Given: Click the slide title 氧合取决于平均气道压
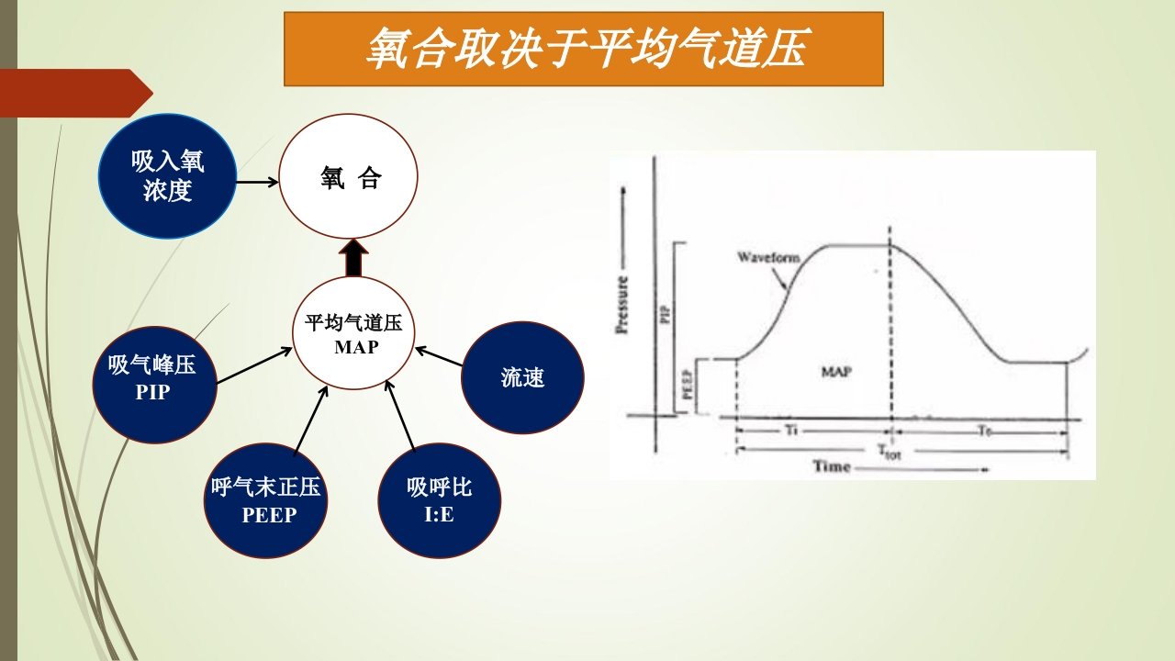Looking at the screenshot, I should tap(584, 49).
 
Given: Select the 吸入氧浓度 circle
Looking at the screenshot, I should tap(167, 176).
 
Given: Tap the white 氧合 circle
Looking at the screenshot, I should tap(349, 177).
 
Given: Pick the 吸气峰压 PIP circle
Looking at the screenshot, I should tap(154, 378).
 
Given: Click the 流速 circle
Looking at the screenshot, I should tap(522, 377).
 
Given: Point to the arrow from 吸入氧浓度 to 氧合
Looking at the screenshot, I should tap(257, 182).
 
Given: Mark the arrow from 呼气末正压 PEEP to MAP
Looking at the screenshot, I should tap(310, 420).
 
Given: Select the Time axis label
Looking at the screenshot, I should tap(832, 466).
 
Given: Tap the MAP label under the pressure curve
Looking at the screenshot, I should tap(836, 373).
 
